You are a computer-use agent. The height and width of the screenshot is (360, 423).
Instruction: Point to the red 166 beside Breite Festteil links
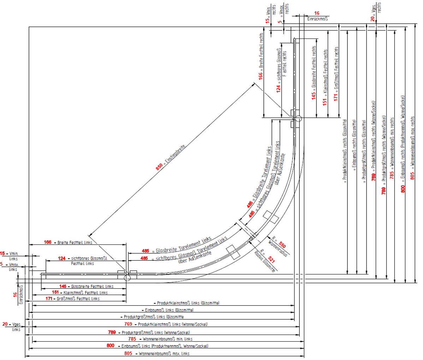[48, 242]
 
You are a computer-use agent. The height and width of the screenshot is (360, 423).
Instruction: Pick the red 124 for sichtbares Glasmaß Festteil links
[62, 259]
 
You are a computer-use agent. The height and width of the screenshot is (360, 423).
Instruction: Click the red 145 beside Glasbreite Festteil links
[63, 286]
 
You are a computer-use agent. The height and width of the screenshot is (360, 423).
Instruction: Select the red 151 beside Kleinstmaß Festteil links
[55, 293]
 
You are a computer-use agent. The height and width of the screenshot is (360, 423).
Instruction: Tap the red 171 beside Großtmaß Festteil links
[48, 299]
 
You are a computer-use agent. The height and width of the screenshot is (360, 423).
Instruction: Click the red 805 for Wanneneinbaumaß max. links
[128, 353]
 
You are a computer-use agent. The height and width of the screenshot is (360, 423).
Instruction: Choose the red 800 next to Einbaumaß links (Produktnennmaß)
[111, 346]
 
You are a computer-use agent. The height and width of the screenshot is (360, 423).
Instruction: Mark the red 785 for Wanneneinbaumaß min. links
[132, 339]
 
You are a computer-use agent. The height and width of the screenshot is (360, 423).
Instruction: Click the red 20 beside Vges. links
[5, 324]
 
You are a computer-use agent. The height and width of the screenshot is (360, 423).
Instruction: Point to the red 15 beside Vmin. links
[3, 253]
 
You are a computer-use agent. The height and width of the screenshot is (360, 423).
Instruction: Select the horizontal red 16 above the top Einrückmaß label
[317, 13]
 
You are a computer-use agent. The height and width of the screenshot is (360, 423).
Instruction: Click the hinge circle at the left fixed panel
[127, 278]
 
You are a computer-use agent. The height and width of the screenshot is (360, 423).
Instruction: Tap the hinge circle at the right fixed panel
[298, 119]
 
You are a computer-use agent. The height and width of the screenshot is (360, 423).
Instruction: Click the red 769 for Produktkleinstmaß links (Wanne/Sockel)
[128, 324]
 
